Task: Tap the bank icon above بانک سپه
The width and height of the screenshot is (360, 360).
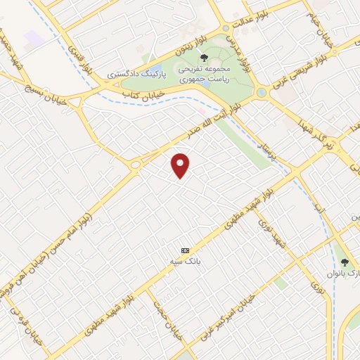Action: [x=186, y=250]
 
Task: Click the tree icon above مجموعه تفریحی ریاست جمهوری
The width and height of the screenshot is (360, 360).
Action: [x=204, y=58]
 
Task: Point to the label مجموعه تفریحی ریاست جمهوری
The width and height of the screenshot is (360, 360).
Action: [x=204, y=75]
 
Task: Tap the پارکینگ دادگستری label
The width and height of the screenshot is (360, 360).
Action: [x=136, y=73]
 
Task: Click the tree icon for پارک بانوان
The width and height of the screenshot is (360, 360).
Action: [x=345, y=262]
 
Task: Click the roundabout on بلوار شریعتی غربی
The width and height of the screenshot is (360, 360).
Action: [x=262, y=92]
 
